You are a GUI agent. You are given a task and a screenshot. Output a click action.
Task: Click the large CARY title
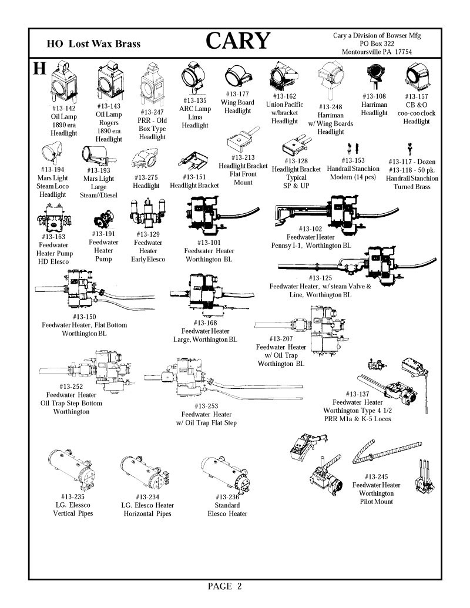coord(238,41)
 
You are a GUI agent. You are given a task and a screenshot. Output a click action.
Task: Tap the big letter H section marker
coord(39,68)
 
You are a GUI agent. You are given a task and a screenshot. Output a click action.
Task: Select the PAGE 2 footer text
coord(224,586)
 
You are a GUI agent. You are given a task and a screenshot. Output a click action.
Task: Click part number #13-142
coord(63,108)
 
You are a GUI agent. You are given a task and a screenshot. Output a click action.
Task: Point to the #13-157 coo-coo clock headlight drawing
coord(417,77)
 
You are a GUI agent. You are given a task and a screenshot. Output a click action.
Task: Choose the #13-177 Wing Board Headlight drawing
coord(238,76)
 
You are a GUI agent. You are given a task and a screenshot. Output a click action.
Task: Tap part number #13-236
coord(227,497)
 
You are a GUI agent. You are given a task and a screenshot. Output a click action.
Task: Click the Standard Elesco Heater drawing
coord(225,473)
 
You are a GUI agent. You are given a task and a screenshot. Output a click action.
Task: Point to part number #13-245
coord(376,476)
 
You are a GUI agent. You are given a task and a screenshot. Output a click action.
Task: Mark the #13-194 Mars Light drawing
coord(52,153)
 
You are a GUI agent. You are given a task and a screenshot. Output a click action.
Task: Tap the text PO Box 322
coord(377,43)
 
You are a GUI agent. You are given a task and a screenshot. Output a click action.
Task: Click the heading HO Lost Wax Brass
coord(93,44)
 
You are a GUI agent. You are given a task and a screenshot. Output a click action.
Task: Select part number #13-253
coord(206,406)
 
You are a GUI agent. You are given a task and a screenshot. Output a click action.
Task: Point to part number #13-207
coord(281,338)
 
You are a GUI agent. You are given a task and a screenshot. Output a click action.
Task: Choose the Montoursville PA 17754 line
coord(377,52)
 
